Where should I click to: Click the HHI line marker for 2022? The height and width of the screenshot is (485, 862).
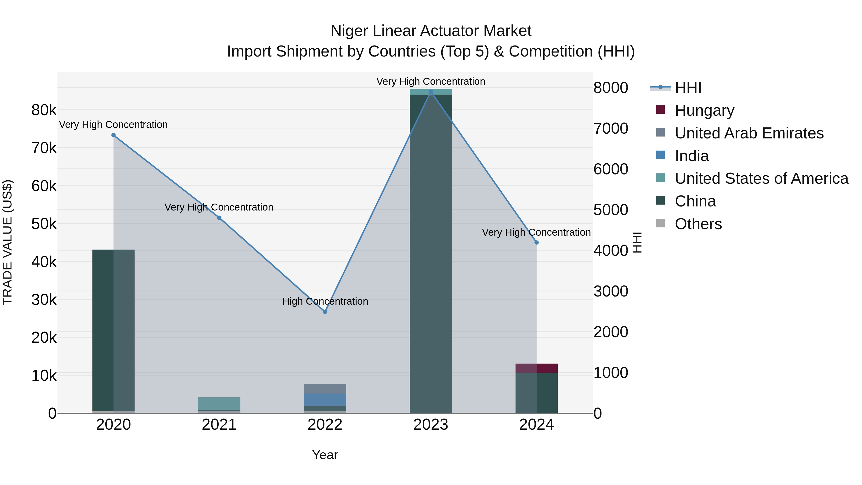click(325, 312)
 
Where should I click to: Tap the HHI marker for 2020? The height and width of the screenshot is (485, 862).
click(113, 135)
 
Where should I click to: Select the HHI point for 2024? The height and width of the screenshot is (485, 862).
click(536, 242)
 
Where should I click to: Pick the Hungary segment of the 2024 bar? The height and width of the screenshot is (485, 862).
click(536, 368)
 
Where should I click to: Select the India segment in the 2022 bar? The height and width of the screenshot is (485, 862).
click(325, 400)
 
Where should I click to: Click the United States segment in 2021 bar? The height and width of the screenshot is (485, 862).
click(219, 404)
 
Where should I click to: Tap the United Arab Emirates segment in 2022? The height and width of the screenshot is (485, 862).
click(325, 389)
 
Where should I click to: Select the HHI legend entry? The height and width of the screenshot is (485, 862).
click(688, 88)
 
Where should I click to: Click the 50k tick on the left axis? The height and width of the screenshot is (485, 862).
click(44, 224)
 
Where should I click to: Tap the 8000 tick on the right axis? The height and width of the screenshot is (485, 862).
click(611, 88)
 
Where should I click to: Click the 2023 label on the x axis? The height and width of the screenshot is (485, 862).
click(431, 425)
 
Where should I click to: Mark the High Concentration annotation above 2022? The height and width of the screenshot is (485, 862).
click(325, 301)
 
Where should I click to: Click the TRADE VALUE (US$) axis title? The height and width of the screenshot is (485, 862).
click(7, 242)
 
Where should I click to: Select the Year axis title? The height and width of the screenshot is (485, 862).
click(325, 455)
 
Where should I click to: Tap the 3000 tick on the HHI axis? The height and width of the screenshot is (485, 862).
click(611, 291)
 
